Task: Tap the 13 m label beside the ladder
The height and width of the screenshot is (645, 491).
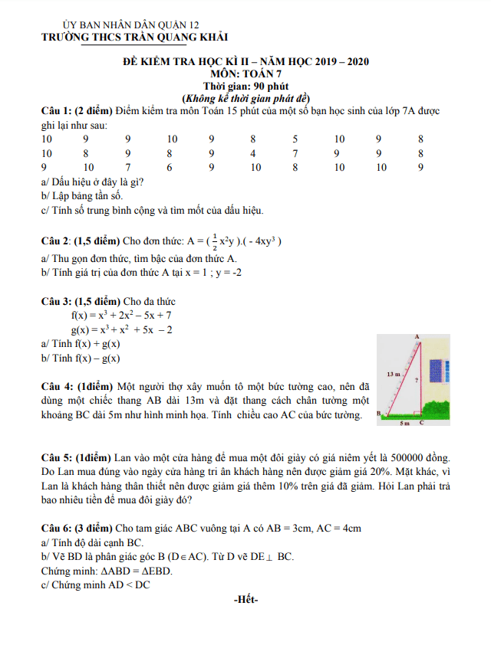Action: pyautogui.click(x=394, y=375)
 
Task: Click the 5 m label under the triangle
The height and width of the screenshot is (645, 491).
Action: pyautogui.click(x=405, y=423)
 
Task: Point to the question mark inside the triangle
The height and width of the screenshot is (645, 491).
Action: pyautogui.click(x=415, y=380)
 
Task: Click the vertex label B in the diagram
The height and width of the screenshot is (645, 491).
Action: pyautogui.click(x=378, y=414)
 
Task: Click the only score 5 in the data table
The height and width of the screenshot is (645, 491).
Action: pyautogui.click(x=295, y=139)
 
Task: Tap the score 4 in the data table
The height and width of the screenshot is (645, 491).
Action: pyautogui.click(x=252, y=153)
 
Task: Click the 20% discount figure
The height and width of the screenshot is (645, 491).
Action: pyautogui.click(x=364, y=471)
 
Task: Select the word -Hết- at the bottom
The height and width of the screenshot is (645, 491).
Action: pyautogui.click(x=245, y=599)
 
